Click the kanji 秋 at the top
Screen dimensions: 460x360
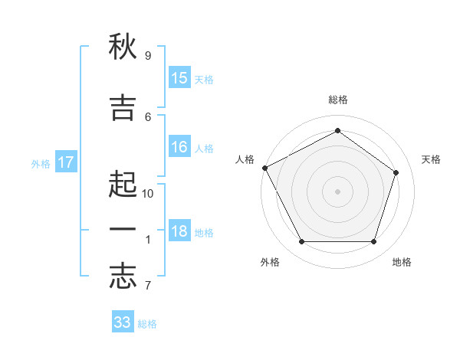[x=123, y=46]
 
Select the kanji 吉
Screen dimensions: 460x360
[x=123, y=107]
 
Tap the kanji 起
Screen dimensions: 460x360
[x=123, y=184]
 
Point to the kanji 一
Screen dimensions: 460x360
[x=123, y=229]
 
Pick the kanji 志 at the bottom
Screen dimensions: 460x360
[x=123, y=276]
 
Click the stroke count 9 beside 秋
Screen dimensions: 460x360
[x=148, y=56]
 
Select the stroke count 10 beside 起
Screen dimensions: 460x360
[x=147, y=194]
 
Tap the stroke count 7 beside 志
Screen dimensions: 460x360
[x=148, y=285]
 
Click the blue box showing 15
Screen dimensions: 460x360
[x=179, y=77]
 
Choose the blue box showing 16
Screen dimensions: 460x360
[x=179, y=146]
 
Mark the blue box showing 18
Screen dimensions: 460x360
[x=179, y=230]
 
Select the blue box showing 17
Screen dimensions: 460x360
[x=66, y=162]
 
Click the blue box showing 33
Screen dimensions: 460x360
[x=123, y=321]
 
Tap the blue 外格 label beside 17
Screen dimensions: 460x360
[x=41, y=164]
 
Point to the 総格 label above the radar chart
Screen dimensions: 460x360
[x=338, y=100]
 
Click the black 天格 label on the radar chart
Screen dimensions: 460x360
[x=431, y=159]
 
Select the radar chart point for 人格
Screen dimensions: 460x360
[x=265, y=168]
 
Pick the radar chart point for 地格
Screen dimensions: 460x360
[x=374, y=241]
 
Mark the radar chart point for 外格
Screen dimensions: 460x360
[x=302, y=241]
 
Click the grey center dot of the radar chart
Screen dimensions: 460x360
[x=337, y=191]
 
